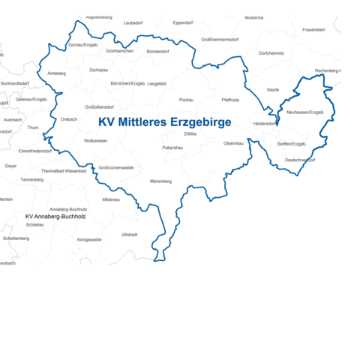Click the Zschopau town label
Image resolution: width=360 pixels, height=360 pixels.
point(98,70)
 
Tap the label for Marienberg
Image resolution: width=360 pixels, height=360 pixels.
point(160,181)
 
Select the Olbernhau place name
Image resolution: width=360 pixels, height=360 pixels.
point(234,142)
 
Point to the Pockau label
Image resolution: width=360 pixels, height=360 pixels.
point(187,99)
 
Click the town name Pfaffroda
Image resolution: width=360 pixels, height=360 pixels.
point(230,99)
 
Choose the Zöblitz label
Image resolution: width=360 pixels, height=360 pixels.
point(190,133)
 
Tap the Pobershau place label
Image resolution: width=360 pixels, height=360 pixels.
point(173,148)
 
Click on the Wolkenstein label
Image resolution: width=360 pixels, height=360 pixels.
point(96,140)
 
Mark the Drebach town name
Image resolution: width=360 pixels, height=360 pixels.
point(69,118)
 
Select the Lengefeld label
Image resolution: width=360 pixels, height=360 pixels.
point(157,83)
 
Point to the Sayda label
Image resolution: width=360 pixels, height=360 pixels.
point(272,89)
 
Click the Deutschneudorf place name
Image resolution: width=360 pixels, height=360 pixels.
point(299,160)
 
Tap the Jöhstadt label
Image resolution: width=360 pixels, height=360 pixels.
point(129,234)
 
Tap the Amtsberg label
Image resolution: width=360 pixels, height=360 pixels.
point(56,73)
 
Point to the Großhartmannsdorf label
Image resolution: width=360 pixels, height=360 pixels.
point(220,39)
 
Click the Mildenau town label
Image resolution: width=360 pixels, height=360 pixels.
point(110,199)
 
